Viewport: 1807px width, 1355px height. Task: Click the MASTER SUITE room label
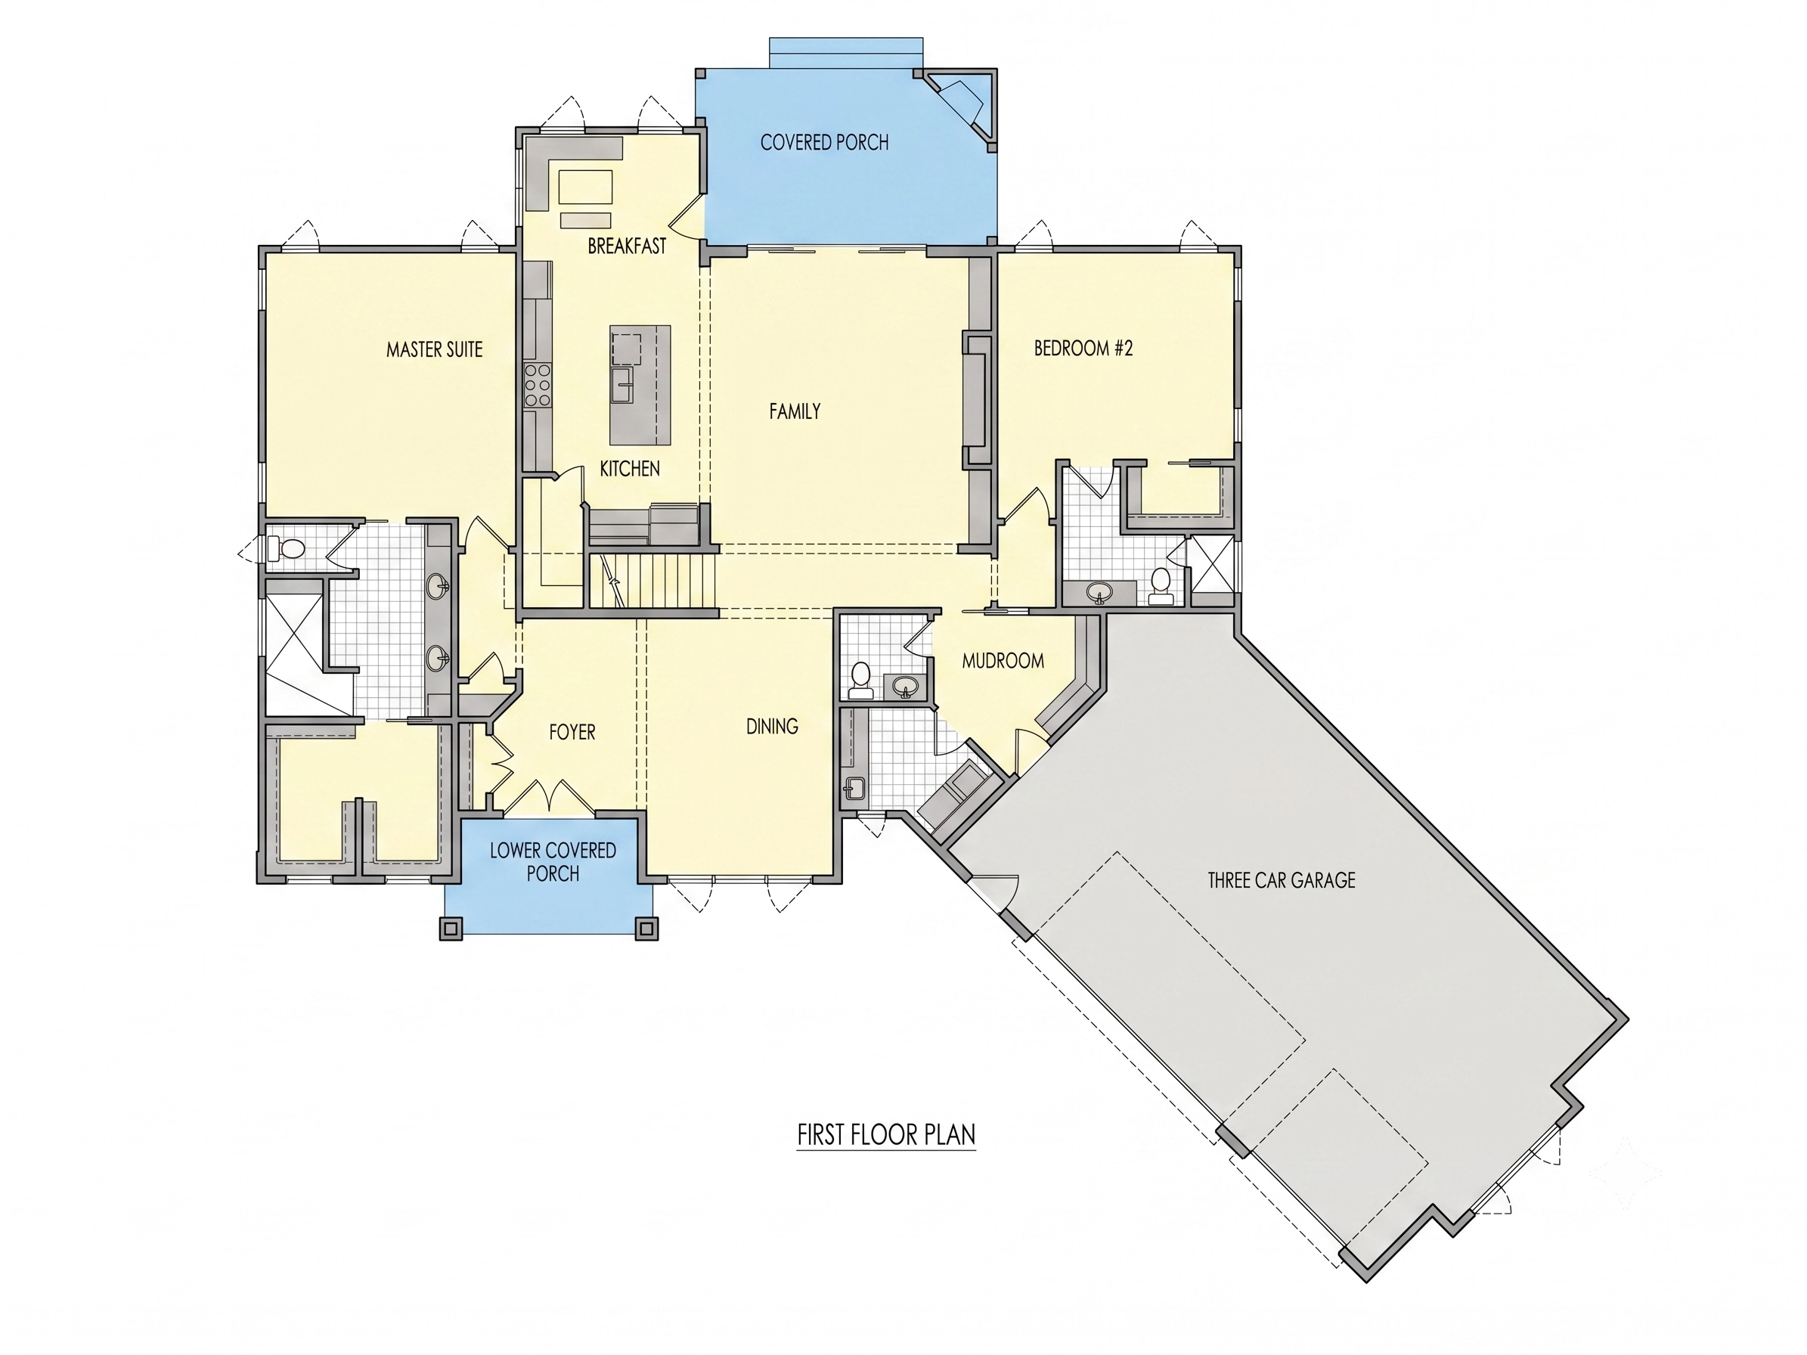pyautogui.click(x=434, y=349)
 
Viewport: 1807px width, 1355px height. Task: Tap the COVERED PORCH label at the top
pyautogui.click(x=824, y=142)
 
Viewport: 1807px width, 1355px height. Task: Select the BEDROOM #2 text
pyautogui.click(x=1083, y=348)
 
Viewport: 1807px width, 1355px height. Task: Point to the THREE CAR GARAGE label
pyautogui.click(x=1281, y=879)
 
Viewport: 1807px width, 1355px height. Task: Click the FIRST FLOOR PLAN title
pyautogui.click(x=886, y=1134)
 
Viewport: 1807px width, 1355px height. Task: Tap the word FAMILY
pyautogui.click(x=795, y=411)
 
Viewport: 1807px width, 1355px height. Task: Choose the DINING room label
pyautogui.click(x=772, y=726)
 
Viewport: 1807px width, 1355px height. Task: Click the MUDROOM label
pyautogui.click(x=1003, y=661)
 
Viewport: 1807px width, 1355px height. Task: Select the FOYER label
pyautogui.click(x=572, y=732)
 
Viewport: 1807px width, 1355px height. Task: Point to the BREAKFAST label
pyautogui.click(x=627, y=246)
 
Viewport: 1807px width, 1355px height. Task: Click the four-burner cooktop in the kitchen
pyautogui.click(x=538, y=385)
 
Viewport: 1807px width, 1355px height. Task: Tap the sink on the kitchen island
pyautogui.click(x=623, y=385)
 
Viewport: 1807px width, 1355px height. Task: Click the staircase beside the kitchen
pyautogui.click(x=652, y=581)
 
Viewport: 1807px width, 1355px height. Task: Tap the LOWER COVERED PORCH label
pyautogui.click(x=553, y=862)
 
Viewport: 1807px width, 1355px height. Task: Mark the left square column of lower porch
pyautogui.click(x=451, y=928)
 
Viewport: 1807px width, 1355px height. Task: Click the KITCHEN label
pyautogui.click(x=629, y=469)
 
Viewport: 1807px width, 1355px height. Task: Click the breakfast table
pyautogui.click(x=585, y=187)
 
